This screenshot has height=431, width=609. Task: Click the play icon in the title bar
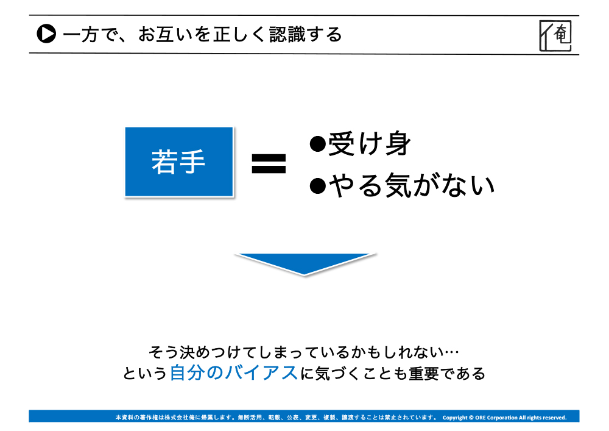(x=46, y=34)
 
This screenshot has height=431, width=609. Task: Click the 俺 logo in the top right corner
(x=555, y=35)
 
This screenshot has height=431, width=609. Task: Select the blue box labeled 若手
(x=179, y=162)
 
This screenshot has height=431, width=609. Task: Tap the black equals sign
(x=269, y=163)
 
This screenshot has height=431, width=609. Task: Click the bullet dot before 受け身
(x=318, y=144)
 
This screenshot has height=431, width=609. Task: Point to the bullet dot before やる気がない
(x=318, y=185)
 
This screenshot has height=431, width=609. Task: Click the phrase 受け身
(x=370, y=144)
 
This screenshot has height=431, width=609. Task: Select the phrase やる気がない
(x=412, y=185)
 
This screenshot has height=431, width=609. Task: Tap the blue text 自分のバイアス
(x=234, y=372)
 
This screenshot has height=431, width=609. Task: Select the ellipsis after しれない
(x=452, y=352)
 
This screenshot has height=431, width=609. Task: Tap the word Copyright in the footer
(x=455, y=418)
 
